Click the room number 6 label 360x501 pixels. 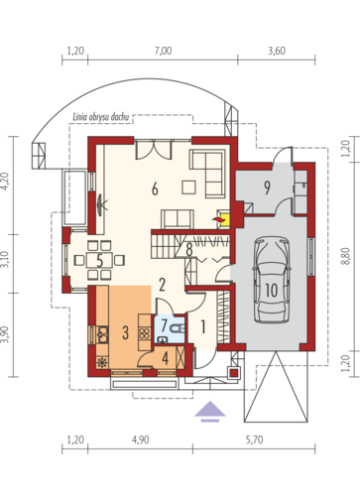coord(155,188)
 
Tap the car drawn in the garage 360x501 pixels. coord(272,280)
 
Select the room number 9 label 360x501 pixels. coord(267,188)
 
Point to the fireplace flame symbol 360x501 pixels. coord(217,219)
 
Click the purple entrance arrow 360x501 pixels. coord(210,412)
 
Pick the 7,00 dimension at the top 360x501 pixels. coord(164,51)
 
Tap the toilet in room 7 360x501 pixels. coord(178,328)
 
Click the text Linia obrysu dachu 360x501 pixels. coord(100,117)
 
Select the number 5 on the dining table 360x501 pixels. coord(99,261)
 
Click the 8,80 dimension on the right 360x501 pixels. coord(346,256)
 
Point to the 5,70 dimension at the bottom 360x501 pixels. coord(254,439)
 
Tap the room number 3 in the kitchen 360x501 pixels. coord(125,332)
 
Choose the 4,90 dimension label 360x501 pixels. coord(140,439)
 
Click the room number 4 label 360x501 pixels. coord(166,358)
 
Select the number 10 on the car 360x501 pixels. coord(272,291)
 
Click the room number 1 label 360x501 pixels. coord(203,326)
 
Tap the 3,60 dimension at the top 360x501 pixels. coord(277,51)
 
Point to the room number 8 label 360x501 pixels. coord(189,250)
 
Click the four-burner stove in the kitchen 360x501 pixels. coord(145,332)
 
